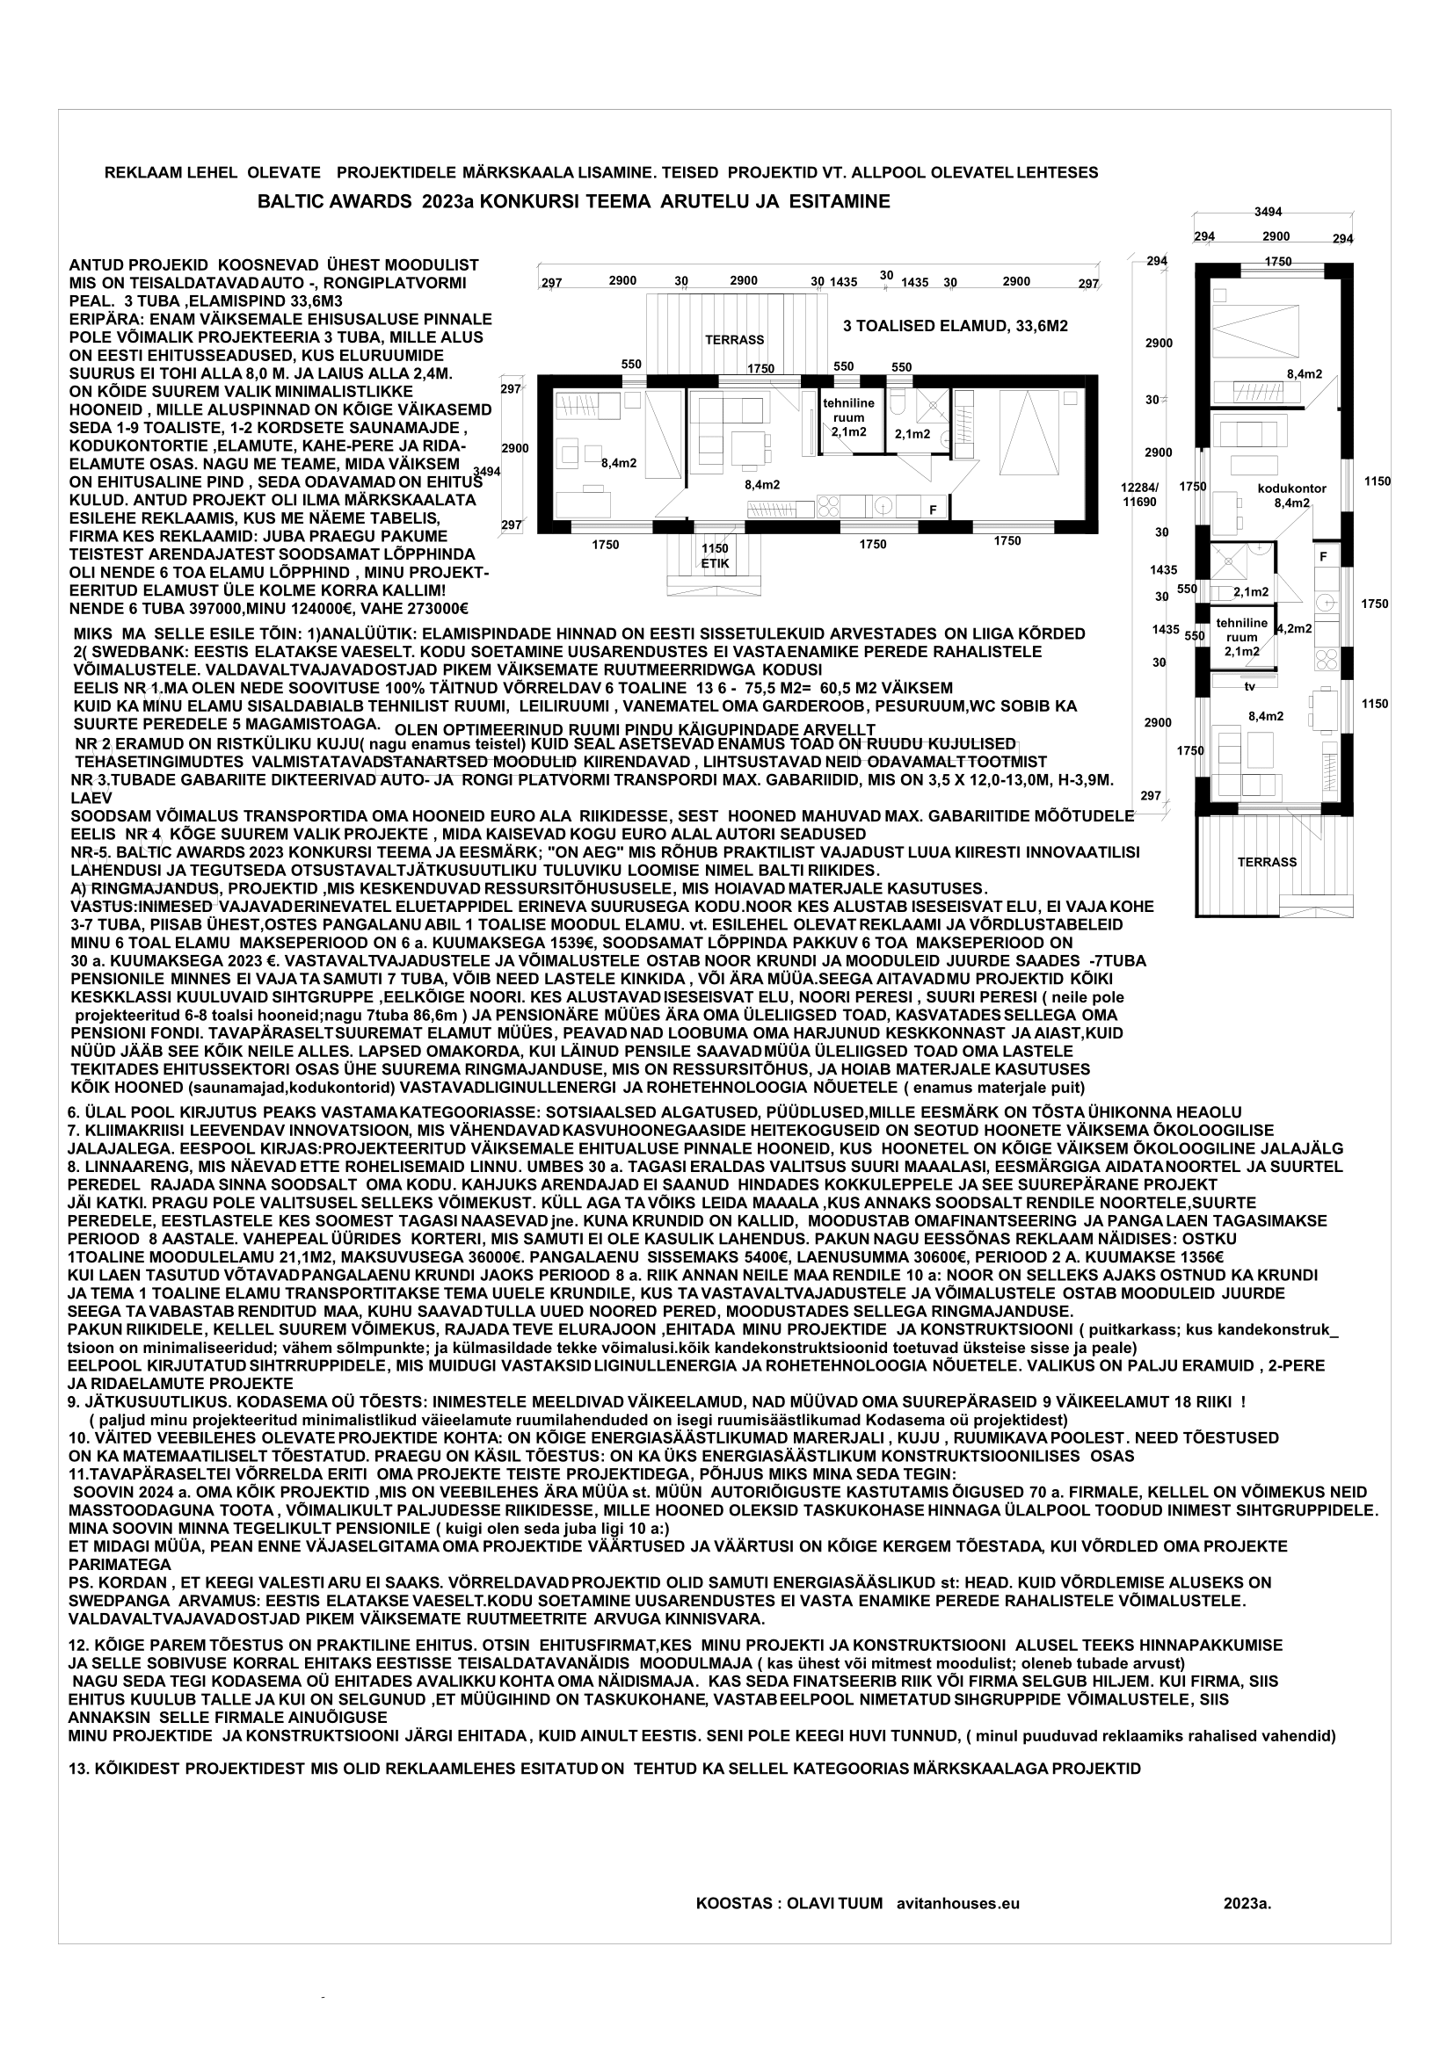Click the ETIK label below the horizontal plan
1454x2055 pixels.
click(x=716, y=563)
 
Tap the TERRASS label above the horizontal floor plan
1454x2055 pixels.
click(x=734, y=340)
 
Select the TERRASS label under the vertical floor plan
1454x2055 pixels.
click(x=1267, y=862)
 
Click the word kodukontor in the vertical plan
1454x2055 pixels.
click(x=1292, y=488)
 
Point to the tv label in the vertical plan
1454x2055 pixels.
click(x=1248, y=685)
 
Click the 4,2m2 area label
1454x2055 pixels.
click(x=1295, y=629)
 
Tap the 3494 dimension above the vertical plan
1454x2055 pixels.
click(x=1268, y=212)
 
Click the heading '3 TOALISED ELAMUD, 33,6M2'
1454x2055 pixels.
click(x=956, y=327)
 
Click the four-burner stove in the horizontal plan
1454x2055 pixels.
click(x=828, y=508)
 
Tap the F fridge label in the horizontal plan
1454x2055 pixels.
click(x=933, y=510)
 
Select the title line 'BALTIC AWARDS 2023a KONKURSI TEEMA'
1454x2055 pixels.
click(x=573, y=202)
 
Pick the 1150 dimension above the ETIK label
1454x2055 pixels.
click(x=715, y=547)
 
